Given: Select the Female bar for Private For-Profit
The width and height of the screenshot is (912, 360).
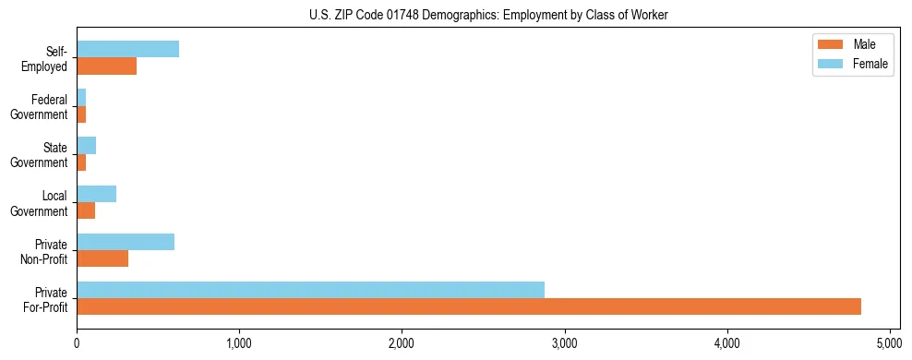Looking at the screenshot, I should (310, 290).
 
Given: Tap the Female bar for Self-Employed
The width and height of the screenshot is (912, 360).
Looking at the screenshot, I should (127, 49).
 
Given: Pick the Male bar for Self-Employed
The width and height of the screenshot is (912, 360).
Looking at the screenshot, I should (106, 66).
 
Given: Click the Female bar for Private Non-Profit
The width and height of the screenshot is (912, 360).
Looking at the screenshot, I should (126, 242).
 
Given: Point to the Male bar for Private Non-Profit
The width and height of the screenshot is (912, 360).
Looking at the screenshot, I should (102, 258).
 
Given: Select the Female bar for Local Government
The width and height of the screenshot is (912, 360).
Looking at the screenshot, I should (96, 194).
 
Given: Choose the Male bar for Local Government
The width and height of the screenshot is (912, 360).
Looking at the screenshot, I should (86, 210).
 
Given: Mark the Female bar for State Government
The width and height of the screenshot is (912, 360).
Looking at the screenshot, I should (86, 146).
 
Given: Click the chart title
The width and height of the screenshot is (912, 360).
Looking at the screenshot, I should (487, 16).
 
